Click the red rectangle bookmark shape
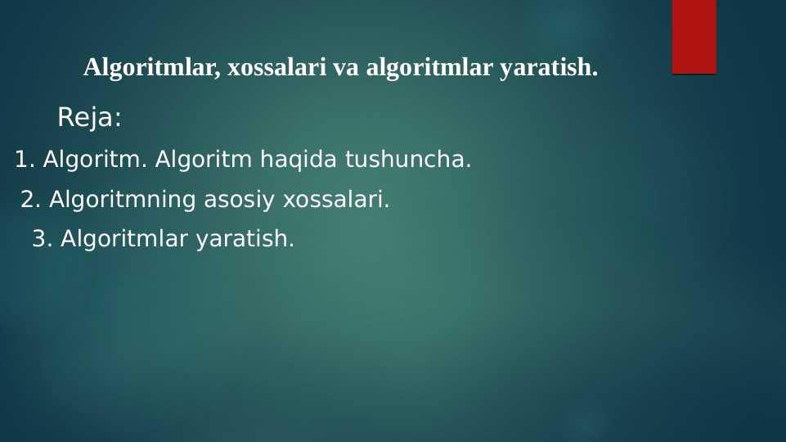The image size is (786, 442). coord(694,37)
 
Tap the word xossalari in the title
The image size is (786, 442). coord(277,68)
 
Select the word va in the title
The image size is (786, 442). coord(347,68)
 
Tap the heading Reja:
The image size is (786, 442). coord(88,119)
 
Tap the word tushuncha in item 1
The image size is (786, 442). coord(406,160)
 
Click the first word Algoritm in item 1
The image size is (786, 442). coord(94,160)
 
